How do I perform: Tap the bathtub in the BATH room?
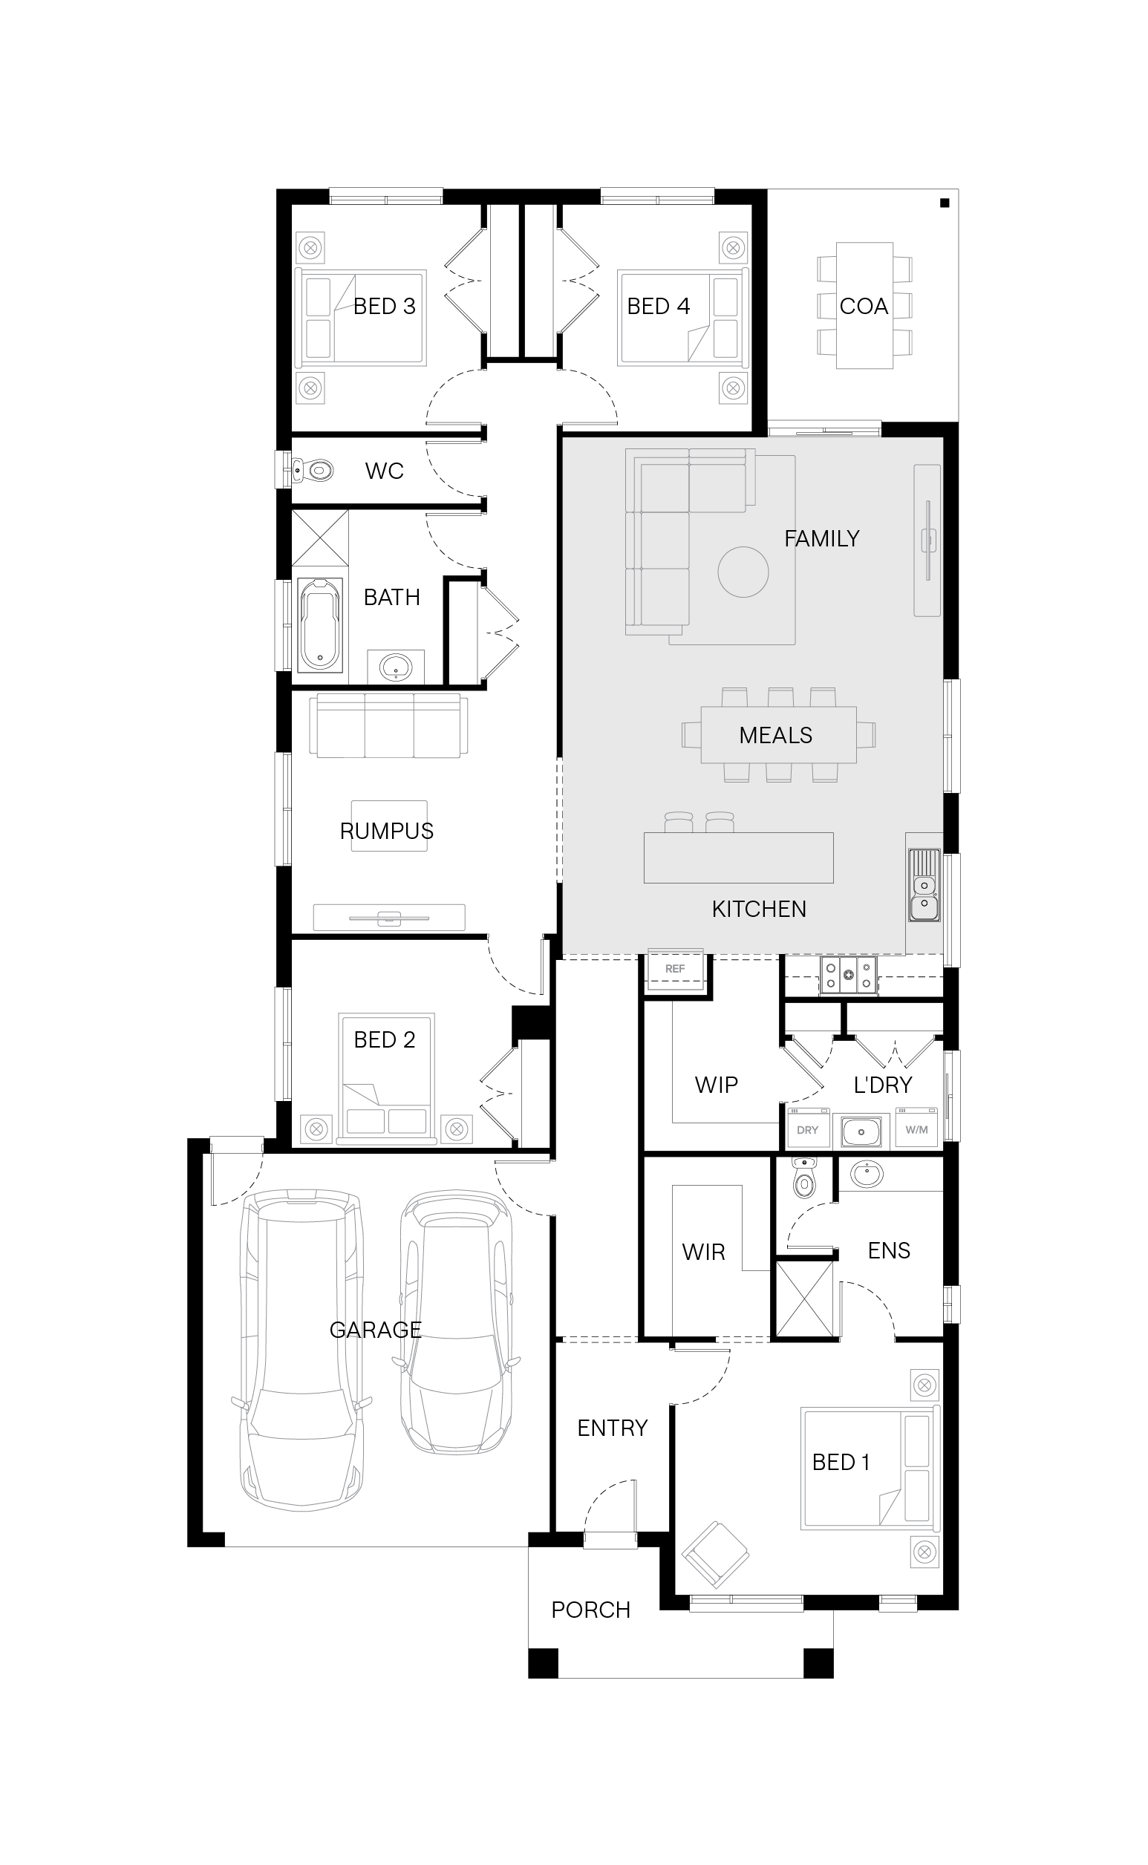point(322,625)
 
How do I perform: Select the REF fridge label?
point(675,969)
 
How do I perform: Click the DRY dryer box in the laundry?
point(808,1129)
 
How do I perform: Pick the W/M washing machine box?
point(917,1129)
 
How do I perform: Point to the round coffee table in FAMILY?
point(743,572)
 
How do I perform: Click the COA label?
point(864,306)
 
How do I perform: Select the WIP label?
point(716,1085)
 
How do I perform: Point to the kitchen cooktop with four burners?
point(849,975)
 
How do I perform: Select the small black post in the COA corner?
point(945,203)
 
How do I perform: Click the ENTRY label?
point(612,1428)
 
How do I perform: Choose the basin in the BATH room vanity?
point(396,667)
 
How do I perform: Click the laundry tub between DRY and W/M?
point(861,1131)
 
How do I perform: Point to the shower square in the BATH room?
point(320,538)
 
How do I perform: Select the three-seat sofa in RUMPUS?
point(389,725)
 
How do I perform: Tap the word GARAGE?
point(375,1329)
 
